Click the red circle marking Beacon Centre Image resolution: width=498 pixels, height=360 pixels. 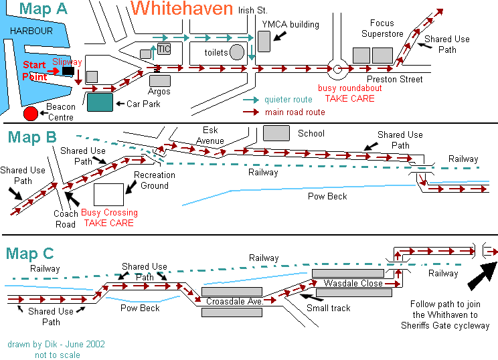[x=31, y=114]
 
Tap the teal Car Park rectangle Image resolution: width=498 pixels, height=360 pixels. [x=100, y=102]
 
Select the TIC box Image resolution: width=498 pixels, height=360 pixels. [x=164, y=49]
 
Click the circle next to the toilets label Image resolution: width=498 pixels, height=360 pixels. [x=236, y=52]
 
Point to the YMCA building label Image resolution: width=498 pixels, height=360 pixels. [x=290, y=25]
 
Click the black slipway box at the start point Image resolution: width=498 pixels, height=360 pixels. [x=68, y=71]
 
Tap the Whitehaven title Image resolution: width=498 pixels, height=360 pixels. [x=181, y=9]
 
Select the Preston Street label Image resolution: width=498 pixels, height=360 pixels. [x=394, y=80]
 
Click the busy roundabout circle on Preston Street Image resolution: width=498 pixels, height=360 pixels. [x=337, y=68]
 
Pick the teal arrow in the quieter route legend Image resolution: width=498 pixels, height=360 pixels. [x=251, y=100]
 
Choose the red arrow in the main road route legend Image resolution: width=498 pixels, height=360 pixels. [x=251, y=112]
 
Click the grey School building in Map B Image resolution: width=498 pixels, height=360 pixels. [x=276, y=133]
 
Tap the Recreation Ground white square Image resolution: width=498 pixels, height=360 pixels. [x=108, y=195]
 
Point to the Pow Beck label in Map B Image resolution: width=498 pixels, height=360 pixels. [x=327, y=196]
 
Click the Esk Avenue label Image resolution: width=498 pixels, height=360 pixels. [x=210, y=135]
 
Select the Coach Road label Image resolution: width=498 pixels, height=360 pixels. [x=66, y=219]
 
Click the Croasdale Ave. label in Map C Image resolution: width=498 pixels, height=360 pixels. [x=235, y=301]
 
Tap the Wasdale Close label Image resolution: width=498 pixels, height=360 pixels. [x=353, y=283]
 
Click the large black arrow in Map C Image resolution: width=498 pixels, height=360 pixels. [x=483, y=276]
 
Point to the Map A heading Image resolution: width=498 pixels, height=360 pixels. [x=44, y=9]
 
